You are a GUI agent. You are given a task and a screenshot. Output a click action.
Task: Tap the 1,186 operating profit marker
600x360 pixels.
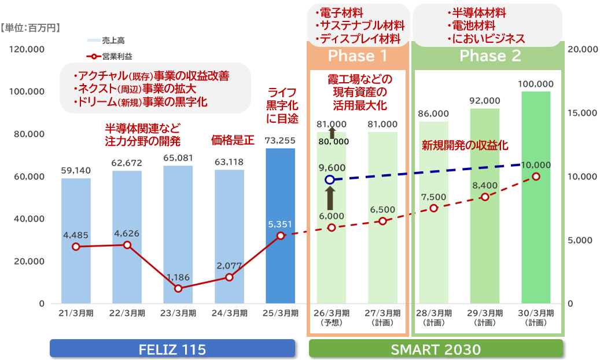178,288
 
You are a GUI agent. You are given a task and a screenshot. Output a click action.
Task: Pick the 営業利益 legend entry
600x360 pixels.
113,56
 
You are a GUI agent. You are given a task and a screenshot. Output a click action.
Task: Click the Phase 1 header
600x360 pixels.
358,56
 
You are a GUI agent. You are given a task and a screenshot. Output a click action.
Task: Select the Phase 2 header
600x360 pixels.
489,56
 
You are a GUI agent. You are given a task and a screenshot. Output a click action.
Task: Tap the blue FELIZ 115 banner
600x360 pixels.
172,349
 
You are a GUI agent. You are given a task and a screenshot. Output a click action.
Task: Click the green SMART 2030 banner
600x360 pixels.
436,349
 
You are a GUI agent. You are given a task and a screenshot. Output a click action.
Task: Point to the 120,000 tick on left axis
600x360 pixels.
28,50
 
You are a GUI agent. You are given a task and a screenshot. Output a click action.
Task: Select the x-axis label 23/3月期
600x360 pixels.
178,313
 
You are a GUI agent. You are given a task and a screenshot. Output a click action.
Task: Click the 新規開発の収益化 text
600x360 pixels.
464,145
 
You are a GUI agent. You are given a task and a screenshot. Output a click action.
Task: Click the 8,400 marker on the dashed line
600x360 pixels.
485,197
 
